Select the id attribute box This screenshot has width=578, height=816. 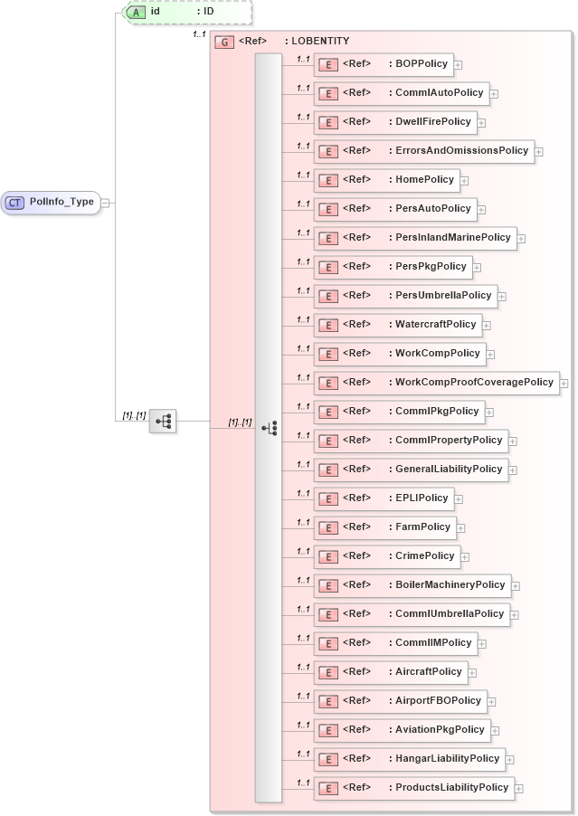click(187, 13)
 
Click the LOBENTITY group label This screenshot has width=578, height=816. click(317, 42)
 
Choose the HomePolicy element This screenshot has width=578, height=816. click(386, 180)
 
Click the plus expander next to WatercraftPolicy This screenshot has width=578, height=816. click(487, 325)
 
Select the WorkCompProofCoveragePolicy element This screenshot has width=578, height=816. click(436, 383)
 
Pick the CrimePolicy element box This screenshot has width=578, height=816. click(386, 556)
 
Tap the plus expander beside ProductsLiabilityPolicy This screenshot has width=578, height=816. click(519, 789)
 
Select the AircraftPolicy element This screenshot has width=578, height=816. click(390, 672)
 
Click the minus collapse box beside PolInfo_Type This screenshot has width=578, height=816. click(105, 202)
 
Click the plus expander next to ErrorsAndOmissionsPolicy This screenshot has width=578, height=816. click(539, 152)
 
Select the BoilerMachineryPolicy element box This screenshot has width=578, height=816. click(412, 585)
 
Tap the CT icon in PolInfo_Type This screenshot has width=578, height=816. click(14, 202)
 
